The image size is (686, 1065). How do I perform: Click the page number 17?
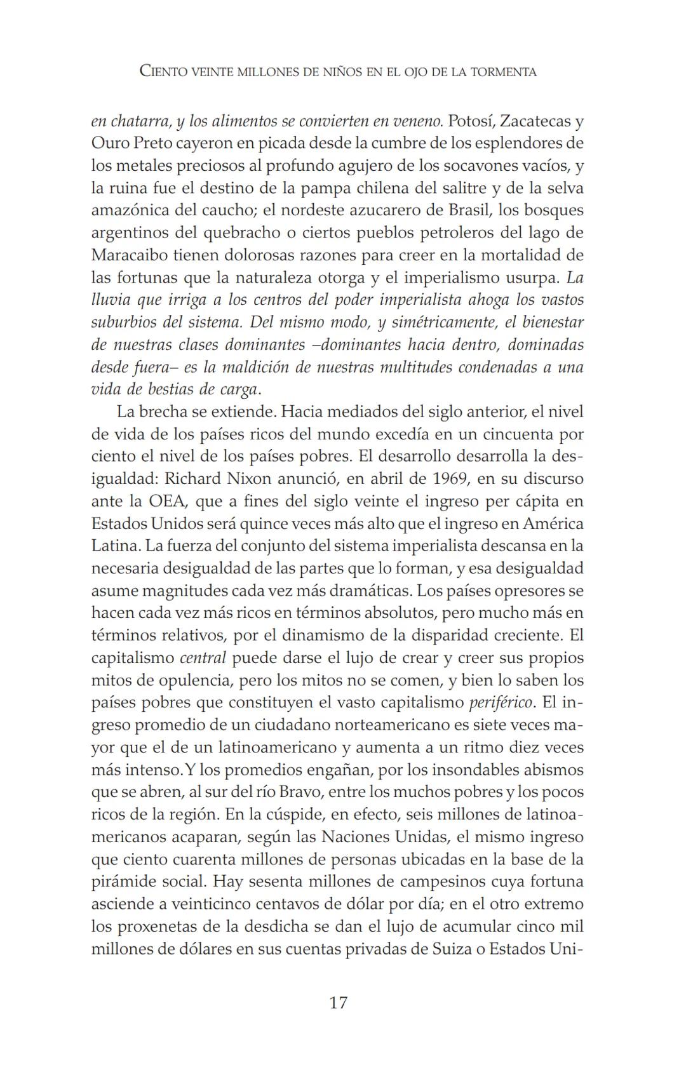tap(339, 1003)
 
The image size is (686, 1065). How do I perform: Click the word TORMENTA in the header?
tap(502, 72)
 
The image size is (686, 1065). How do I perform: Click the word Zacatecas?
tap(537, 121)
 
